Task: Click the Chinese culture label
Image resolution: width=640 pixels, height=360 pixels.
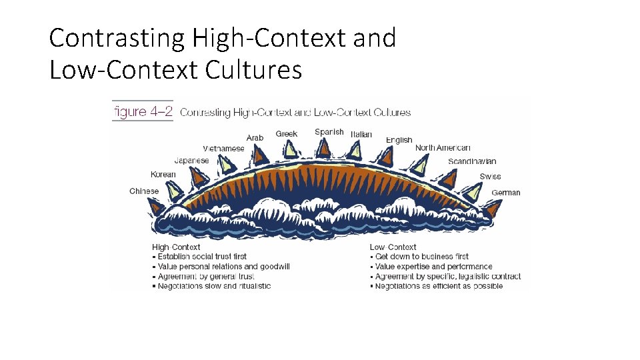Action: [144, 191]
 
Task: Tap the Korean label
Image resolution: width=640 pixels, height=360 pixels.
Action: [163, 175]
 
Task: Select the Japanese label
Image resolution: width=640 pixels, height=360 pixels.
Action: [191, 161]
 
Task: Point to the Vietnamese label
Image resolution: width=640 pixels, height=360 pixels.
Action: [224, 149]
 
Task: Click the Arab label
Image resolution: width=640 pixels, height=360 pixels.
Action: [255, 138]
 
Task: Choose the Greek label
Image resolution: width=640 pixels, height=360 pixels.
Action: [287, 134]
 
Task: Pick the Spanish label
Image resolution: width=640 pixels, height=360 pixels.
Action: [329, 132]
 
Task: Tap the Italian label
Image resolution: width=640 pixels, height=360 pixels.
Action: [361, 135]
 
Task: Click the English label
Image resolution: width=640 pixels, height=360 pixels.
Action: [399, 140]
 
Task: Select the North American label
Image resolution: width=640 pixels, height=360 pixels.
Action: [443, 148]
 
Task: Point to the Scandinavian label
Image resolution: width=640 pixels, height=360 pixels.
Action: [472, 162]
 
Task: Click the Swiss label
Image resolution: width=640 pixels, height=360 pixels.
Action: [490, 177]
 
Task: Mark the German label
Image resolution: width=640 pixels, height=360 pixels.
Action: [506, 193]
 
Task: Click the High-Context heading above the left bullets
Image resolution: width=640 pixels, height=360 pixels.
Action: [176, 247]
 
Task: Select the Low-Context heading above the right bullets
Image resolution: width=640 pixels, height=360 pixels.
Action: [393, 247]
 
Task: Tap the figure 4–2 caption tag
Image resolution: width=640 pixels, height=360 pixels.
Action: [141, 112]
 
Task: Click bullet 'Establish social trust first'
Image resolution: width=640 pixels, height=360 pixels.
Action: [202, 257]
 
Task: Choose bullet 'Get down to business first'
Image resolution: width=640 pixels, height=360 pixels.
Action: [421, 257]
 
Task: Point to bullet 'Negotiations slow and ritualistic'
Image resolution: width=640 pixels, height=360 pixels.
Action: [214, 287]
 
